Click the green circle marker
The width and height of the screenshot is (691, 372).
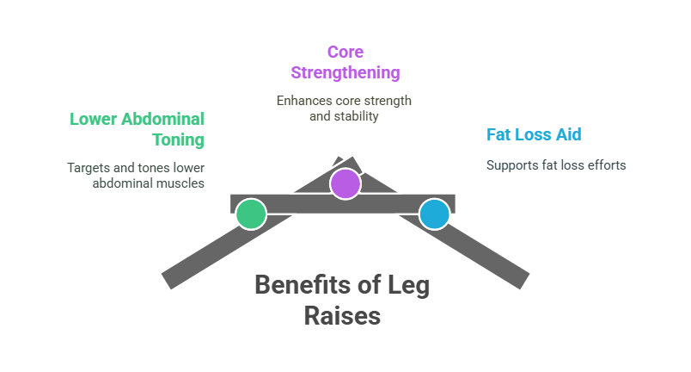coord(251,214)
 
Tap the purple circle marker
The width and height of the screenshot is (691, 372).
coord(345,183)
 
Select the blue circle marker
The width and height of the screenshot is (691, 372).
coord(434,214)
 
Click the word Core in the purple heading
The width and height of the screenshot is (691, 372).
coord(345,53)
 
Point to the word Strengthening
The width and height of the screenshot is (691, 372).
coord(345,72)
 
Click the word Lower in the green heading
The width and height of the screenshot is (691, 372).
coord(89,119)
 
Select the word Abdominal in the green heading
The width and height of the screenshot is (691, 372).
coord(162,119)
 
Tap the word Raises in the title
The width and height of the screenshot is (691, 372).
coord(341,316)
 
